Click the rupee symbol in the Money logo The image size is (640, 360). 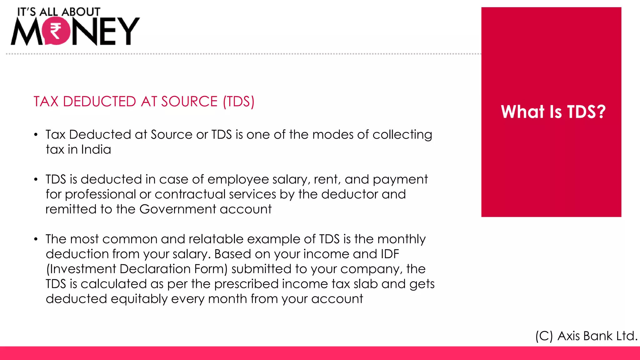56,31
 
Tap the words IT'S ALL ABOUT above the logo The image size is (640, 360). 59,12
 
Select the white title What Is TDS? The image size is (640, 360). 553,112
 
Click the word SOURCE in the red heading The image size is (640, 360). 189,102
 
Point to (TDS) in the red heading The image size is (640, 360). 239,102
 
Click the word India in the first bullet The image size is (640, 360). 96,149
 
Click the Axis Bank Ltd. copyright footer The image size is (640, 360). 586,336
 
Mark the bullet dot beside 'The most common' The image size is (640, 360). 36,239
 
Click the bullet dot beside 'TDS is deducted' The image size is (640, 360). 36,180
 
